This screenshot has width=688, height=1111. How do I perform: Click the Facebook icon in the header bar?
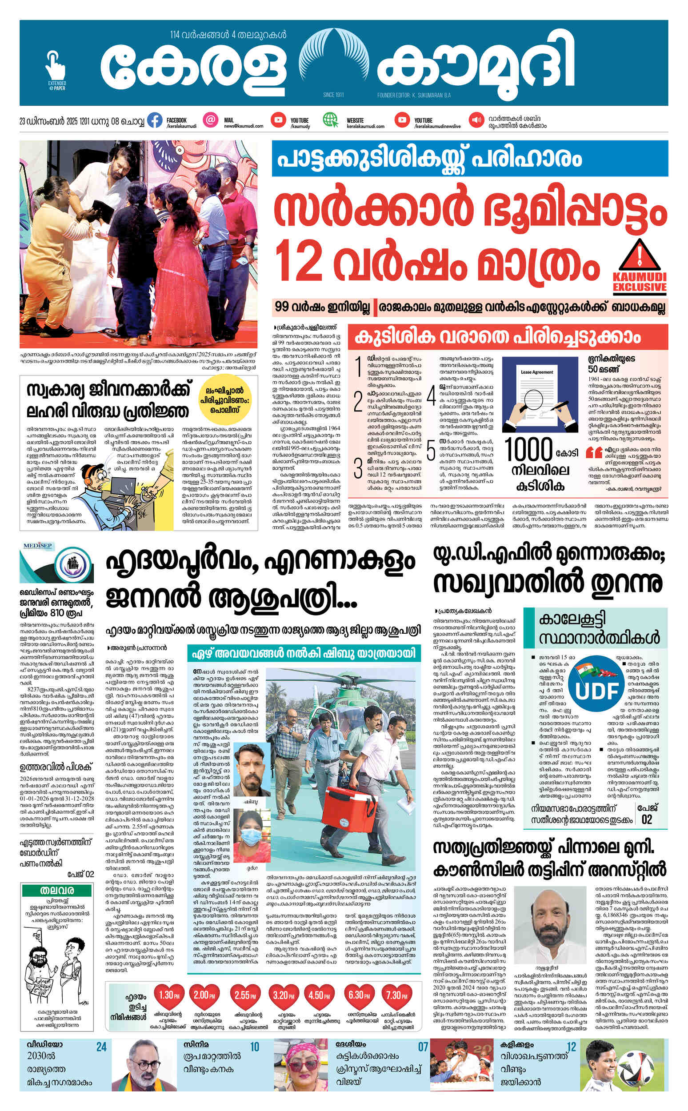click(155, 120)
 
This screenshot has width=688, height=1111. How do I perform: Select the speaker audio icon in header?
click(477, 120)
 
